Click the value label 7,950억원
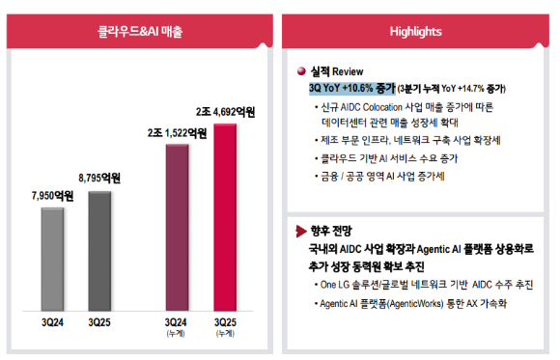coord(53,194)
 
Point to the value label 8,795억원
coord(99,178)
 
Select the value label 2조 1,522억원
coord(176,133)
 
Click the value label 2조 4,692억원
coord(225,112)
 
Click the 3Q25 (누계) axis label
coord(225,325)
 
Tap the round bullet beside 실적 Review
coord(302,71)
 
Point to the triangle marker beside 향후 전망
coord(302,231)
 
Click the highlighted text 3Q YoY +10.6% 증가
coord(350,88)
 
